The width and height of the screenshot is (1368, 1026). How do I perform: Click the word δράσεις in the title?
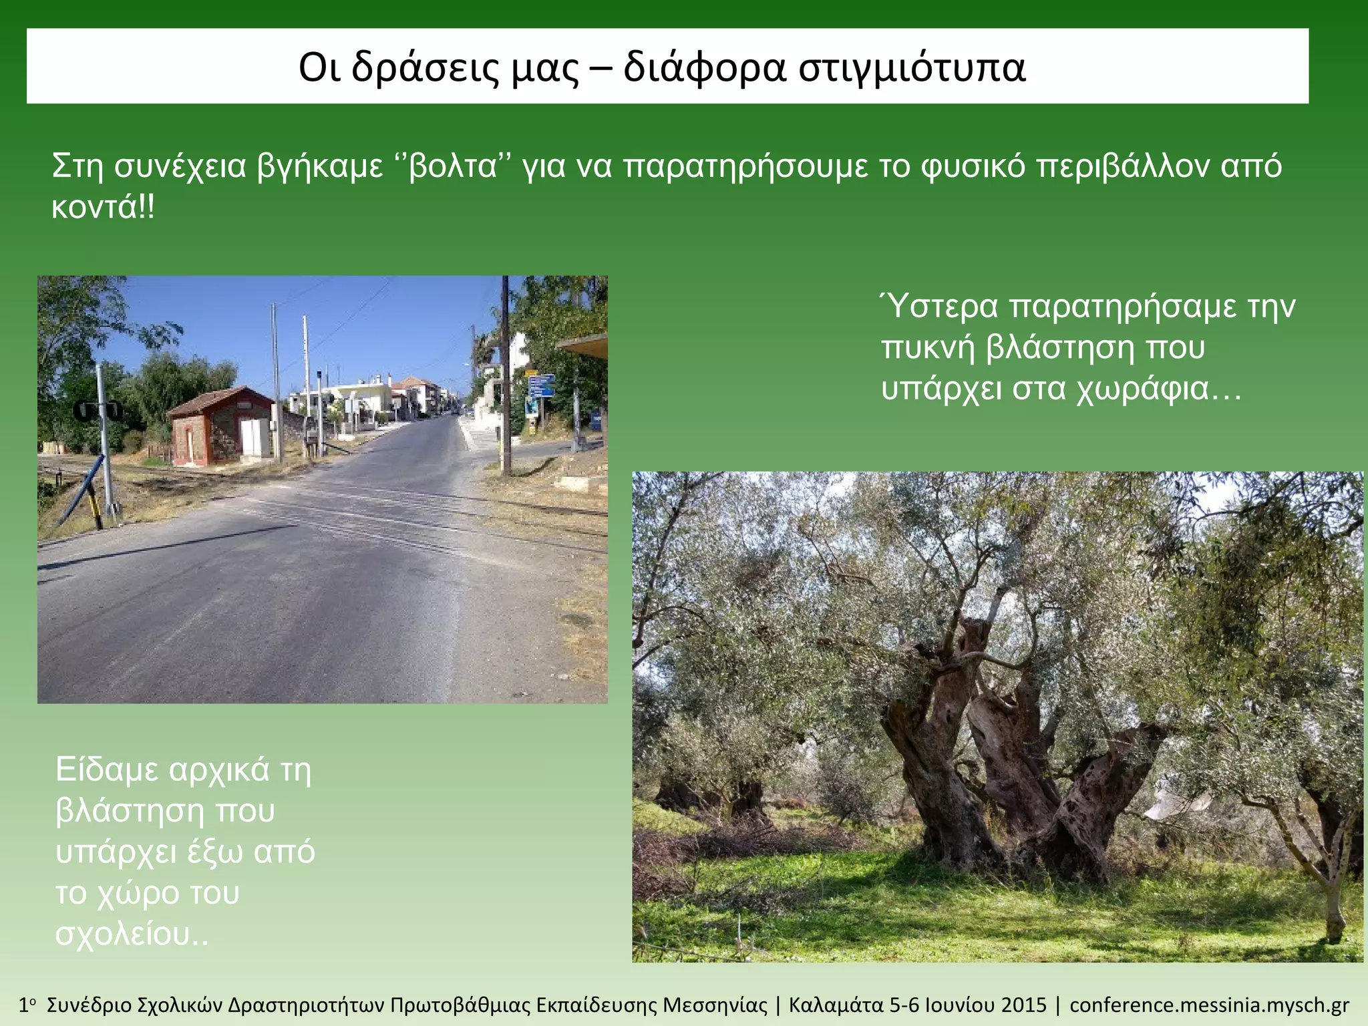tap(425, 67)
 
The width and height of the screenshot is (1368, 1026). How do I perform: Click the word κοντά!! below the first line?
tap(103, 207)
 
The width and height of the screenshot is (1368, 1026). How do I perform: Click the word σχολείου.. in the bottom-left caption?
tap(132, 934)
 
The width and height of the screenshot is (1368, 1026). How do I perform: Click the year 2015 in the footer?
tap(1024, 1005)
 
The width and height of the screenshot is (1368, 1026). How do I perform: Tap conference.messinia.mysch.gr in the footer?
tap(1209, 1005)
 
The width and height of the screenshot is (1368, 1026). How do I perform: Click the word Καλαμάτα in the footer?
tap(837, 1005)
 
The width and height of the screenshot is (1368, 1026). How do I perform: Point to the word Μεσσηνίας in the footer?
tap(715, 1005)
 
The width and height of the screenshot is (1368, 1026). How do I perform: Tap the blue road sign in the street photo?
tap(540, 385)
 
